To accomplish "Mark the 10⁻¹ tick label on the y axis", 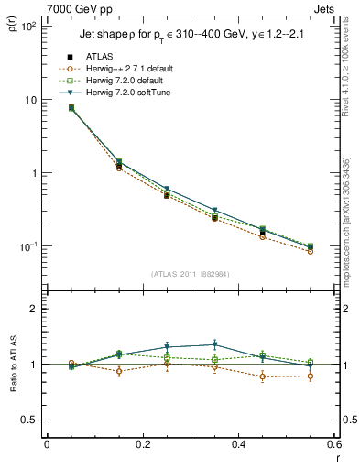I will [28, 246].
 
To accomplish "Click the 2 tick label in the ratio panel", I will [34, 309].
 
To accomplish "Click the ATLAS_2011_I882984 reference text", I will [190, 273].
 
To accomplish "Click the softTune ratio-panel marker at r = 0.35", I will [214, 345].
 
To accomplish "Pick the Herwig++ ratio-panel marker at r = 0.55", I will [311, 376].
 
